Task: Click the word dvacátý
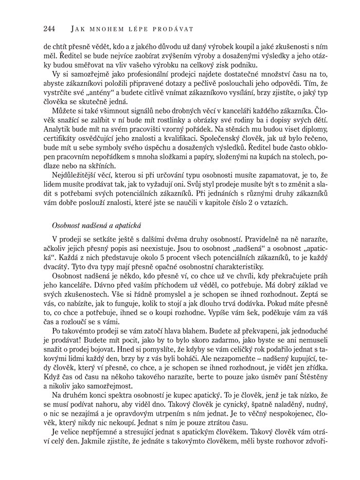pyautogui.click(x=60, y=267)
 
